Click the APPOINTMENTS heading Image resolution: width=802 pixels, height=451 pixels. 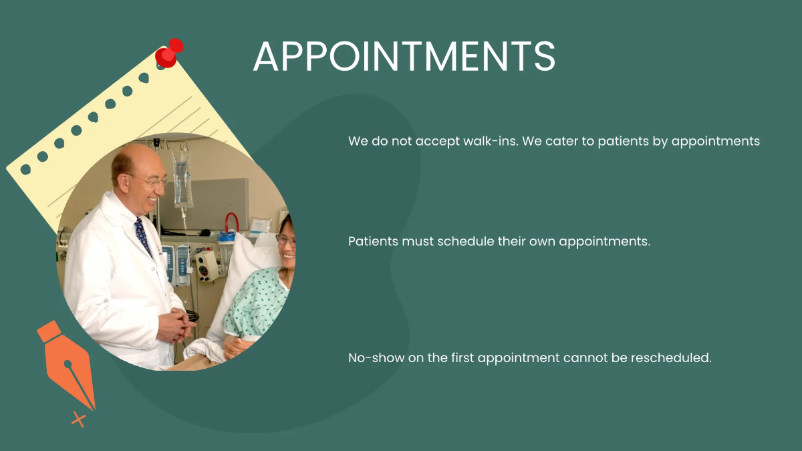404,56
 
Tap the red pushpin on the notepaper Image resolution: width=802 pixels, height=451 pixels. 168,54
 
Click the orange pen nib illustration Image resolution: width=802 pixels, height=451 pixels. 68,363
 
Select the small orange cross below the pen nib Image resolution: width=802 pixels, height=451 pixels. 79,420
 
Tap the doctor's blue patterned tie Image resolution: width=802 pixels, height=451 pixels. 142,234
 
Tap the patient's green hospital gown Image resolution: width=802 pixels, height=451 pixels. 257,304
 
